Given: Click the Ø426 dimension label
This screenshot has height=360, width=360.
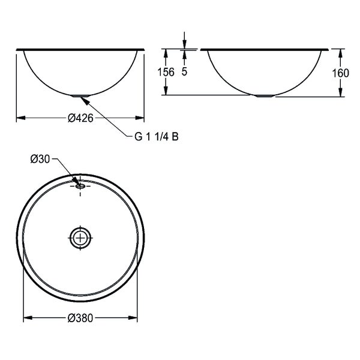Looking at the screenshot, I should (x=79, y=119).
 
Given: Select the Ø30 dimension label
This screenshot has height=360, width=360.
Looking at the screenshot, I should (x=39, y=158).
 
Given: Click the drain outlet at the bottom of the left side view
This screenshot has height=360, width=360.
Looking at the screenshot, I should (x=80, y=95).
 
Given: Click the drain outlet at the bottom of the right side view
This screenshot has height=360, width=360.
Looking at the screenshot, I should (x=264, y=95).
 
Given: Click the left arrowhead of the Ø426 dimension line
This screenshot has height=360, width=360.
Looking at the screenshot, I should (x=19, y=119).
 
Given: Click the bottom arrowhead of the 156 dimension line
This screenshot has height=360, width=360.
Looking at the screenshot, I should (x=184, y=91).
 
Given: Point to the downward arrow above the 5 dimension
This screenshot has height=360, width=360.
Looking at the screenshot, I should (x=184, y=44).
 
